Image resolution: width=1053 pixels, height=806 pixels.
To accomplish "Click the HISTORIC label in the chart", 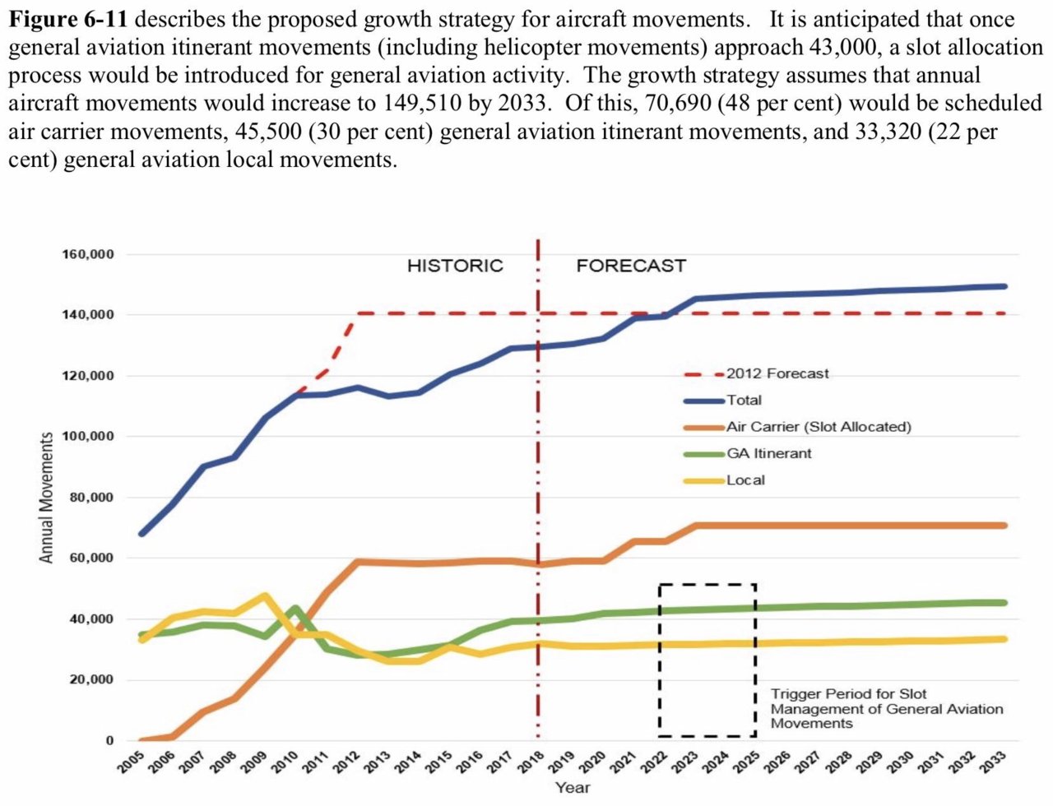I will (x=455, y=266).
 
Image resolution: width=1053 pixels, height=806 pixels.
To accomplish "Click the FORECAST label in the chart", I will (x=631, y=266).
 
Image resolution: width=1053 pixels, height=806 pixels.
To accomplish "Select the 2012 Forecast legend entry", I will (x=777, y=373).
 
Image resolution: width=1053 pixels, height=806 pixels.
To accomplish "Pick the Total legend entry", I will (x=744, y=400).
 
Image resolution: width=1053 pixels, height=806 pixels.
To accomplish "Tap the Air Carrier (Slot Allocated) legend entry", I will (x=819, y=427).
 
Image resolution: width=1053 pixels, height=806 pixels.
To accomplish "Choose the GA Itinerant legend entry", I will (x=768, y=453).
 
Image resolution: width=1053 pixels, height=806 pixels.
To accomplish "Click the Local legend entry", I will (x=745, y=479).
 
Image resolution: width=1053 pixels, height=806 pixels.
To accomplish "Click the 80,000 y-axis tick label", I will (x=91, y=498).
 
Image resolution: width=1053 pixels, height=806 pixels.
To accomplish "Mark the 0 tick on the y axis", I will (x=109, y=740).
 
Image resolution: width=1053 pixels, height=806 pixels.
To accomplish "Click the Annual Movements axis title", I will (x=47, y=498).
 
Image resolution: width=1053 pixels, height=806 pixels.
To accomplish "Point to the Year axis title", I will (x=572, y=788).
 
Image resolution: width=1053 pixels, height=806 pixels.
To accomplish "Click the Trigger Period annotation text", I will (x=886, y=708).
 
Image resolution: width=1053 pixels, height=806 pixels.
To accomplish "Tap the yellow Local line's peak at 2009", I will (x=265, y=595).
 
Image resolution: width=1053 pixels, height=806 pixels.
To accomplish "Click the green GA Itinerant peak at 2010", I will (x=296, y=609).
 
